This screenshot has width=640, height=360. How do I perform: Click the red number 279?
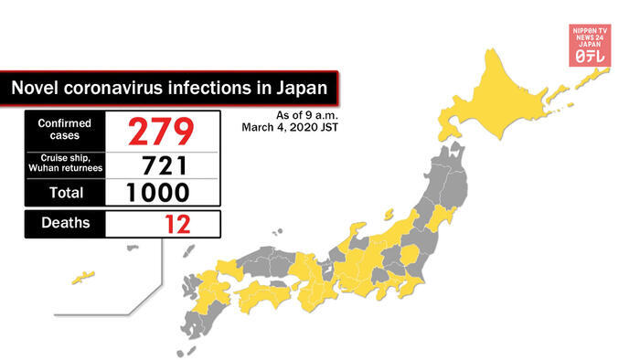click(162, 131)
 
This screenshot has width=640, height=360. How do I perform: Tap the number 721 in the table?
click(162, 164)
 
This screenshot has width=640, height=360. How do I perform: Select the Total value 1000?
click(162, 193)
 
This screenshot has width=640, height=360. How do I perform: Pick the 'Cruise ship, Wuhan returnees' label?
click(64, 164)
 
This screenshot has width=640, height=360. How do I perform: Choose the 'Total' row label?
click(64, 193)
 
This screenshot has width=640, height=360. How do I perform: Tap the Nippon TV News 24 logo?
click(590, 42)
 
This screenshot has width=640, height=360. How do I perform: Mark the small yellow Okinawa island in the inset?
click(84, 274)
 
